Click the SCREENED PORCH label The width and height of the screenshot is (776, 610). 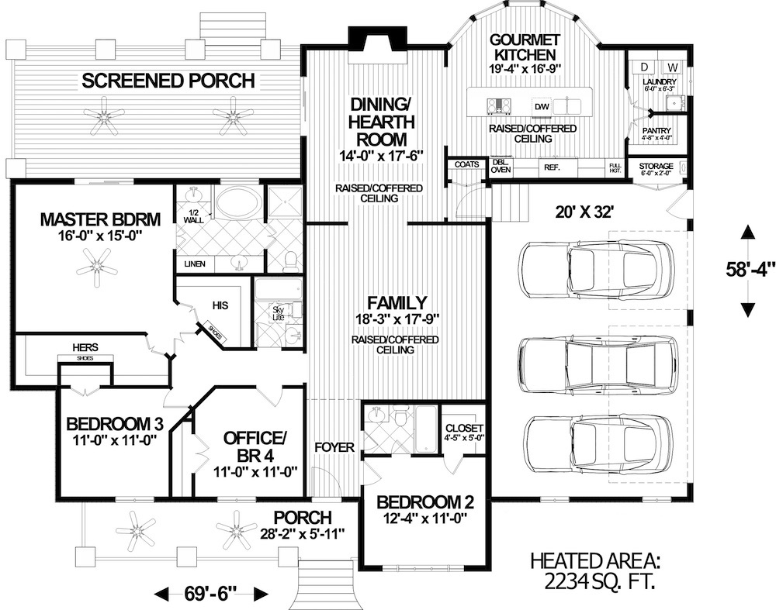tap(168, 80)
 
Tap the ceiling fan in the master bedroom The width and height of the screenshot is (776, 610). tap(97, 267)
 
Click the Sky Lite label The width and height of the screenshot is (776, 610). tap(278, 313)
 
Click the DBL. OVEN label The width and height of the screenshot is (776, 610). tap(501, 166)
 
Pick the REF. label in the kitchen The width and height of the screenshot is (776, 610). tap(552, 167)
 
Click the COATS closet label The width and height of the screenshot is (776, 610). tap(466, 164)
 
